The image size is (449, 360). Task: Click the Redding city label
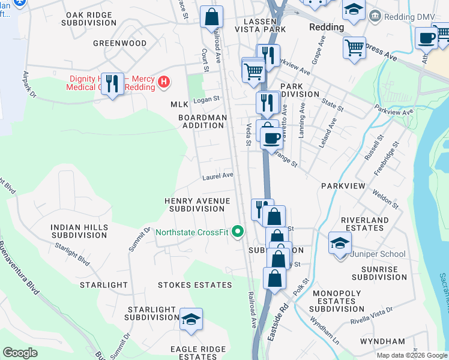click(x=327, y=27)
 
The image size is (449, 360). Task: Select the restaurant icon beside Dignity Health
click(x=112, y=83)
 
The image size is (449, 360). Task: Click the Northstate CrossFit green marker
click(x=238, y=231)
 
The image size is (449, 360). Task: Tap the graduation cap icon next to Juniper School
click(x=340, y=244)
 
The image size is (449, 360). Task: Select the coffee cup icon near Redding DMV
click(x=427, y=38)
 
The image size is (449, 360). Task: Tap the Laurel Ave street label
click(x=217, y=176)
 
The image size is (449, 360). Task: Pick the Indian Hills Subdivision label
click(x=79, y=232)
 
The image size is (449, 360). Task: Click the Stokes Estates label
click(x=194, y=284)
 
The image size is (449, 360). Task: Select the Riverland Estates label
click(x=365, y=224)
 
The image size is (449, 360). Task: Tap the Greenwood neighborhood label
click(x=120, y=43)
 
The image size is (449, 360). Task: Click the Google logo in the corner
click(x=20, y=353)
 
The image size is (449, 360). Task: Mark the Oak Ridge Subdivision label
click(x=89, y=18)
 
